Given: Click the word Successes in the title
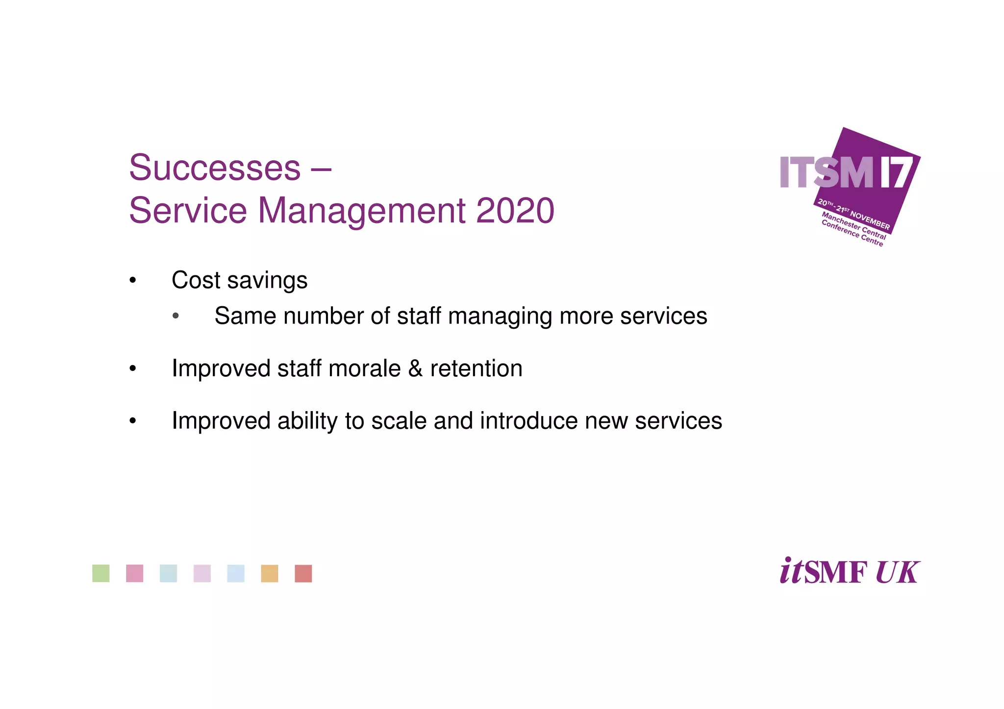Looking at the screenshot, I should pos(215,168).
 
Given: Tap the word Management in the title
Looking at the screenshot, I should pos(361,211).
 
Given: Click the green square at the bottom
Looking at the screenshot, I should pos(101,573).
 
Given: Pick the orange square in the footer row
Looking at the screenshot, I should pos(270,573).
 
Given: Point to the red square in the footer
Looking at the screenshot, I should pos(303,573).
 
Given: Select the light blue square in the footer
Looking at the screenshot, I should pos(236,573).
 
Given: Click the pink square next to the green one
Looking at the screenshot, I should pos(135,573).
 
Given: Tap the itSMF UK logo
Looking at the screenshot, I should pos(850,571).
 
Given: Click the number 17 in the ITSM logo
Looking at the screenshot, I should pos(897,172).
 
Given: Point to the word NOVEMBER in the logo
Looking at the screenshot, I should pos(870,220).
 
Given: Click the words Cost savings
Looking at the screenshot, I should pos(239,280).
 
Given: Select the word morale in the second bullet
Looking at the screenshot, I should pos(365,368).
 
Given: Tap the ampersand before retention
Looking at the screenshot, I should pos(415,368).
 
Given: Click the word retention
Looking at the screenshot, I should pos(476,368).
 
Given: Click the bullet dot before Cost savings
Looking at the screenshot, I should pos(132,281).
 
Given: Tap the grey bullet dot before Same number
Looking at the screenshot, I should pos(176,316).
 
